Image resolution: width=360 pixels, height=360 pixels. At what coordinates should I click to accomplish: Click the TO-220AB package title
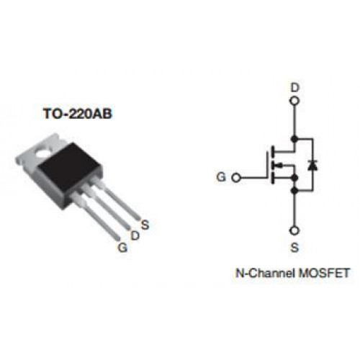tap(78, 114)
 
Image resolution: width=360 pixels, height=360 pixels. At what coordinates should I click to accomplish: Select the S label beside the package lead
tap(145, 225)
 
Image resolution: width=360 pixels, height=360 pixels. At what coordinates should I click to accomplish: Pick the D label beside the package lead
tap(135, 235)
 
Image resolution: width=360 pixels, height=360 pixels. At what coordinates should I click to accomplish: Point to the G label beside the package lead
tap(122, 247)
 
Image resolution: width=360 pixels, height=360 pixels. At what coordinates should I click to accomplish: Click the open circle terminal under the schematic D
tap(294, 101)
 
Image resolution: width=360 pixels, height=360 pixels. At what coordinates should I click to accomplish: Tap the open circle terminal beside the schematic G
tap(236, 178)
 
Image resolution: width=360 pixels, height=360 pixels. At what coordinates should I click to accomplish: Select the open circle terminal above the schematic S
tap(294, 230)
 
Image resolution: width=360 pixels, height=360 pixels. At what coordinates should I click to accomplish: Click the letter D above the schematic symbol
tap(294, 88)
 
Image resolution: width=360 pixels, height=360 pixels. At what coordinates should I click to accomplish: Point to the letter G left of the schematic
tap(221, 177)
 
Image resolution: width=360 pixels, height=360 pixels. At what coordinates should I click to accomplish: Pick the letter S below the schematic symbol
tap(294, 247)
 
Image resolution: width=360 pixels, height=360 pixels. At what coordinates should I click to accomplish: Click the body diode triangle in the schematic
tap(312, 166)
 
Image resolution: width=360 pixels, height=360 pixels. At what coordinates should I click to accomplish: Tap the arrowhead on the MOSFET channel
tap(279, 165)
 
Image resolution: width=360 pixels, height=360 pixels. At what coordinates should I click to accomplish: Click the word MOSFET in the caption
tap(323, 273)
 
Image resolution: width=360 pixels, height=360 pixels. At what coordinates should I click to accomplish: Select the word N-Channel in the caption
tap(265, 273)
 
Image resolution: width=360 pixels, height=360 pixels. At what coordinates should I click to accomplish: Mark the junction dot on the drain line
tap(294, 139)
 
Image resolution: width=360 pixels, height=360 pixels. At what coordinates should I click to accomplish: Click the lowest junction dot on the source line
tap(294, 191)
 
